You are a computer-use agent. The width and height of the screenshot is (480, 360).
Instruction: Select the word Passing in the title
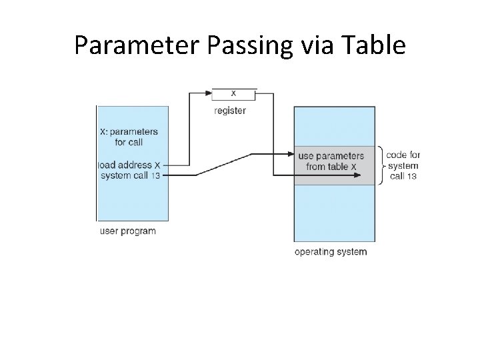point(244,45)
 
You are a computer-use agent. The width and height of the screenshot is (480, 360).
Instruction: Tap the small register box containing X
point(233,93)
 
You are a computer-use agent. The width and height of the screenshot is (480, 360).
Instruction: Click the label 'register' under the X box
point(230,111)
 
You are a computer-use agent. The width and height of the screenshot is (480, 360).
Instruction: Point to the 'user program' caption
point(127,231)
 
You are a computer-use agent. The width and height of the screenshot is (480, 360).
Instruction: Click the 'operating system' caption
point(331,252)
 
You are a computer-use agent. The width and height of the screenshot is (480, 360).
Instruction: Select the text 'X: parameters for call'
point(130,137)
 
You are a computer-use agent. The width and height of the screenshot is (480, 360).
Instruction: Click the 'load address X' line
point(131,165)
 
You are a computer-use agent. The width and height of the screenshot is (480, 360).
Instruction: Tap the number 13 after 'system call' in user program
point(155,175)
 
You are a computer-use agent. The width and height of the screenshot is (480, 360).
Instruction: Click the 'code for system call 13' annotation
point(403,165)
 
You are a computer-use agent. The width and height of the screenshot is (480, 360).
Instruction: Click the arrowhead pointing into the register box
point(208,93)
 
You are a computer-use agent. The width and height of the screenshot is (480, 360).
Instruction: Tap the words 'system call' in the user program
point(125,175)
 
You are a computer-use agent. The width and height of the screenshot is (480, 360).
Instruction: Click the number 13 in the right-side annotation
point(412,176)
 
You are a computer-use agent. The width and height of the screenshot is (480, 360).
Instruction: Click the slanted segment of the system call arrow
point(224,165)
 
